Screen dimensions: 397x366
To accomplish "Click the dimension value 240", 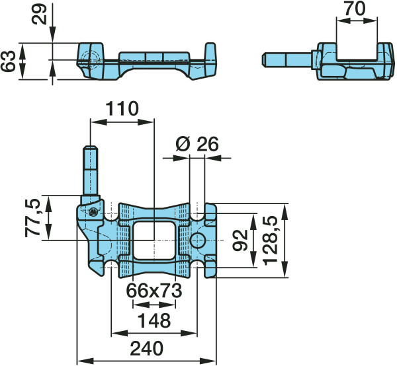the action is [x=147, y=349].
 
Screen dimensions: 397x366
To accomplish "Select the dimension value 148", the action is [x=154, y=320].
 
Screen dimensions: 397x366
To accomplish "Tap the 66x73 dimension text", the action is [x=154, y=291].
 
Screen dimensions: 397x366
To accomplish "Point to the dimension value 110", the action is [x=122, y=109].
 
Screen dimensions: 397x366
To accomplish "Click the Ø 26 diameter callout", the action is [x=197, y=144].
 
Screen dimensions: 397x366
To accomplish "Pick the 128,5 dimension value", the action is [x=271, y=240].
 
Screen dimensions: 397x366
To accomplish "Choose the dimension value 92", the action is [x=240, y=240].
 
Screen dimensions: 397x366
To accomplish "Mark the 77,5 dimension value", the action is [x=32, y=218].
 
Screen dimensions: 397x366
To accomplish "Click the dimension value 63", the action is [x=8, y=61].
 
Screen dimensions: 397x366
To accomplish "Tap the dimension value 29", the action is [x=39, y=14].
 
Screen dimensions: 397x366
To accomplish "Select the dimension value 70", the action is [x=355, y=9].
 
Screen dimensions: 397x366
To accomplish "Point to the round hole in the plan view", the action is [x=198, y=240].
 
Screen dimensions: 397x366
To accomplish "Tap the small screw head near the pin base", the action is [x=93, y=212].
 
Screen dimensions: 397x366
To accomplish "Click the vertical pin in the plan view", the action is [x=91, y=174].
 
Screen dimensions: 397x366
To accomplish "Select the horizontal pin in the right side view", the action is [x=287, y=59].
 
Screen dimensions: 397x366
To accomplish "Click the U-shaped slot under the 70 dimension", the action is [x=357, y=52].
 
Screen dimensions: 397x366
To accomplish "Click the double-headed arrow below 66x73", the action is [x=154, y=305].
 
